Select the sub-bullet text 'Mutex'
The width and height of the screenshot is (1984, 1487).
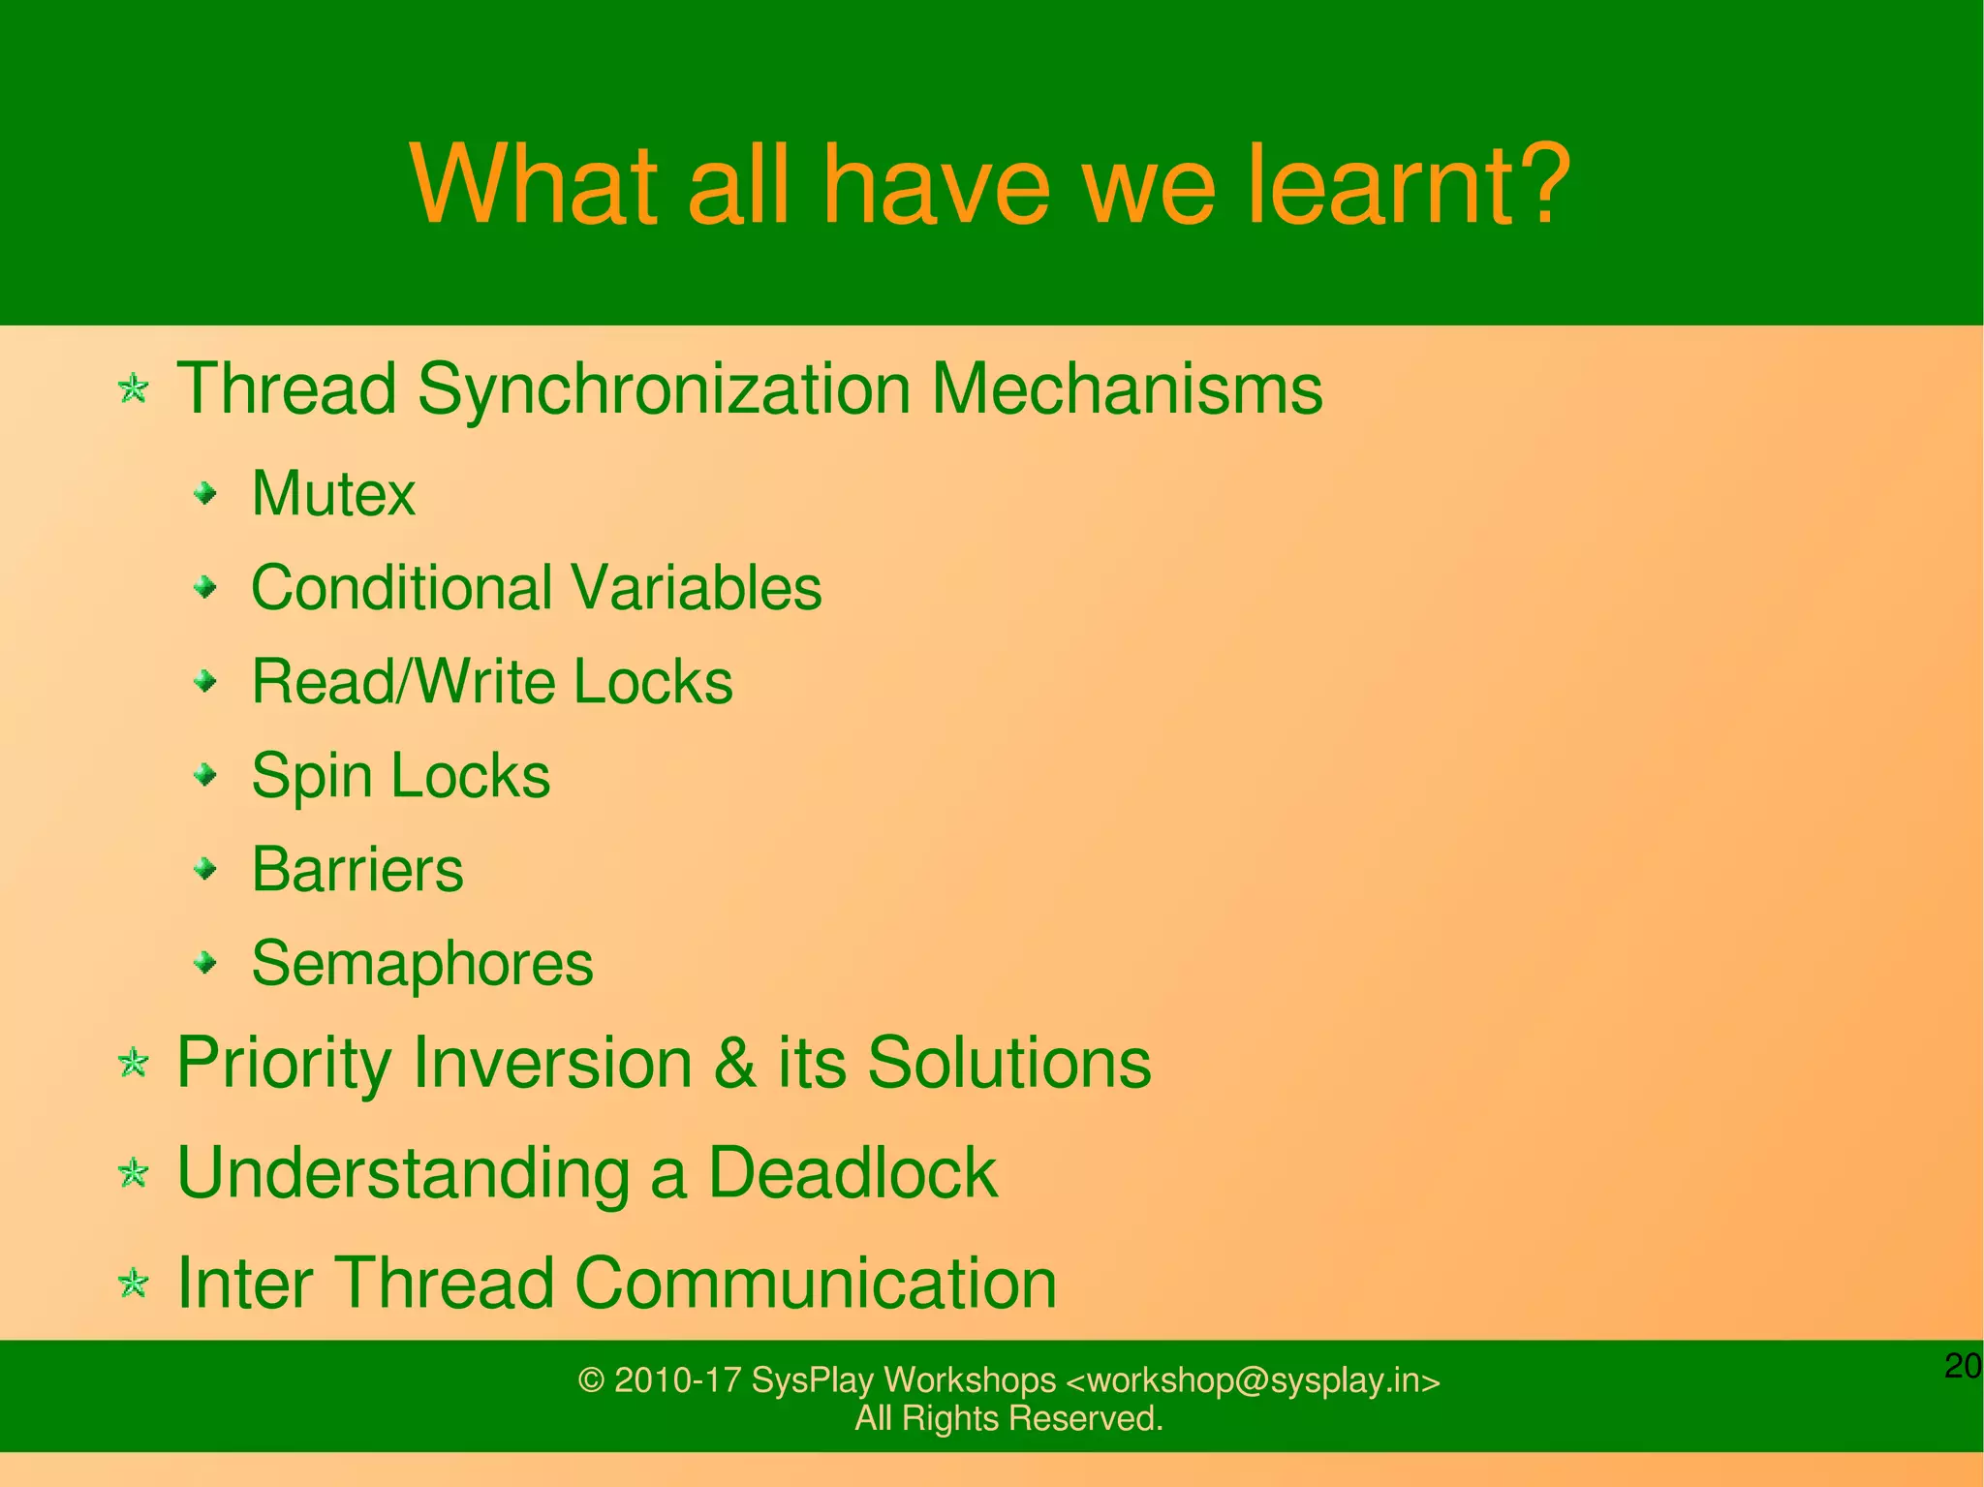click(332, 494)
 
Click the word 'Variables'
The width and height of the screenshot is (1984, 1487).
click(696, 588)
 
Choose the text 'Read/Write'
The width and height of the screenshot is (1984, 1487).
click(403, 682)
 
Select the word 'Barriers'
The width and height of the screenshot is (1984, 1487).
click(356, 870)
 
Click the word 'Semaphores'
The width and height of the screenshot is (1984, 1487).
click(421, 964)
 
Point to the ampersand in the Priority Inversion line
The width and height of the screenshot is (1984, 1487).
click(734, 1064)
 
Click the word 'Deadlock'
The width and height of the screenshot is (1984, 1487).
click(852, 1174)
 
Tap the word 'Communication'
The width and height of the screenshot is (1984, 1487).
click(815, 1284)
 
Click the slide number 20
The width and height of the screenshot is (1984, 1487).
click(1962, 1366)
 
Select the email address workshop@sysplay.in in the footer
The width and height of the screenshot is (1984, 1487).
click(1253, 1380)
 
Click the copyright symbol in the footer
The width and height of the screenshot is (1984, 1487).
click(591, 1380)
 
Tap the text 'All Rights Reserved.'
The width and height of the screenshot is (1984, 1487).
click(1007, 1418)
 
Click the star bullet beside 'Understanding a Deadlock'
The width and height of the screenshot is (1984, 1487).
click(133, 1174)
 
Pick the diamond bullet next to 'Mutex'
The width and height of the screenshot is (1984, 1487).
click(204, 495)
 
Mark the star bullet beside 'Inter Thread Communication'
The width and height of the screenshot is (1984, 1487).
click(133, 1285)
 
